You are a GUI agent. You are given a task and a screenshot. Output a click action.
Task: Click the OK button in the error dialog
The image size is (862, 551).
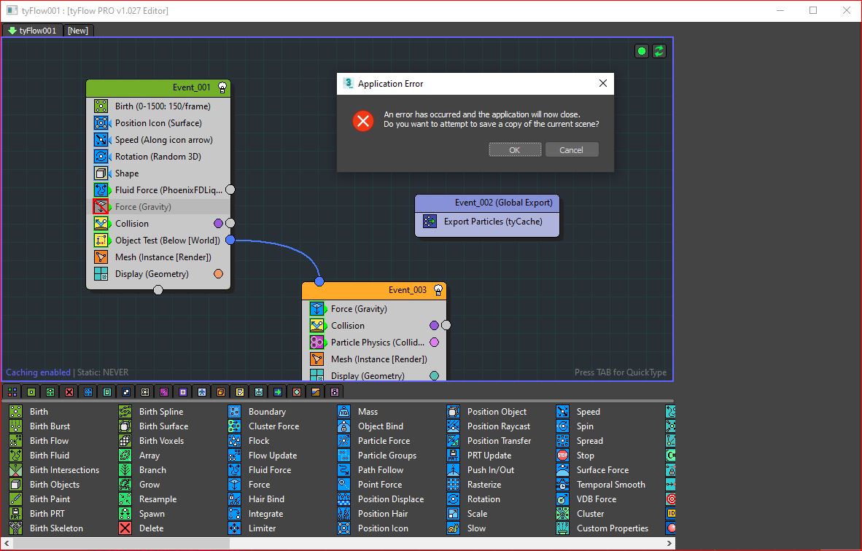[515, 150]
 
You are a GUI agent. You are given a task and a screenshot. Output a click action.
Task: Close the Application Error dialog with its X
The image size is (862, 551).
[603, 83]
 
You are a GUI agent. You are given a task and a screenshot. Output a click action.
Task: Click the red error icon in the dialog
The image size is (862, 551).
[363, 120]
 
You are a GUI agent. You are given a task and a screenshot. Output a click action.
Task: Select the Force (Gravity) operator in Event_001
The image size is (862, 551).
[143, 206]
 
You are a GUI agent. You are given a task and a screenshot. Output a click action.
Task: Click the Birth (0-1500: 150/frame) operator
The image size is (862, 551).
[162, 106]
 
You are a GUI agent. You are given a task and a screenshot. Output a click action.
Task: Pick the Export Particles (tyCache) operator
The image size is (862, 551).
[492, 222]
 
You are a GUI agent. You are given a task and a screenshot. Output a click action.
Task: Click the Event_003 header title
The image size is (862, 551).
[408, 290]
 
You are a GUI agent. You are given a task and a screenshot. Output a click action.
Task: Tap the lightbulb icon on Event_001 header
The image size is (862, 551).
[222, 87]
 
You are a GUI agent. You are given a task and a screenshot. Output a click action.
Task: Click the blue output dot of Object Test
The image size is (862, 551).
[230, 240]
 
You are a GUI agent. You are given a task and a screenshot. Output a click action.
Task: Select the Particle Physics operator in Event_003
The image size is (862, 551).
[377, 343]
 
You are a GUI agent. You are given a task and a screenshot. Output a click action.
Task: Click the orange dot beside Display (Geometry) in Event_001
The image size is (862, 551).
[218, 273]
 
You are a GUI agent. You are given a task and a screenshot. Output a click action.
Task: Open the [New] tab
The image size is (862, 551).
[77, 31]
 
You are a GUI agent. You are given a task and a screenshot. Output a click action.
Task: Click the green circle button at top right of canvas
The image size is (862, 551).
[641, 51]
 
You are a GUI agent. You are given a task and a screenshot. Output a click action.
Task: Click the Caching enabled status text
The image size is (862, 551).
[38, 372]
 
